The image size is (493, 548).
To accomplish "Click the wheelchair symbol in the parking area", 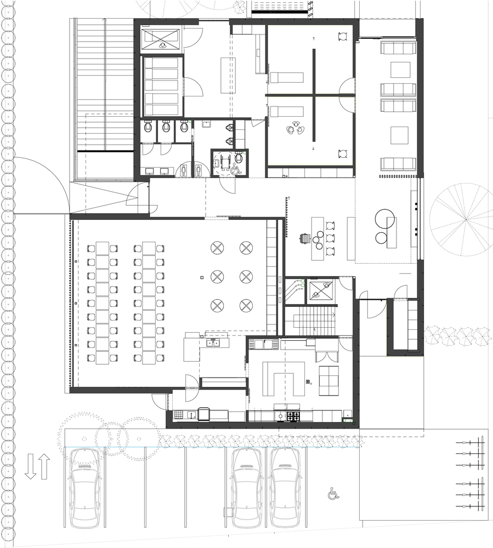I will [x=332, y=494].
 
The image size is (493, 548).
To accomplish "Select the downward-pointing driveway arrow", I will [x=31, y=466].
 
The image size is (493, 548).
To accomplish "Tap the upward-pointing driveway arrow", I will [x=44, y=466].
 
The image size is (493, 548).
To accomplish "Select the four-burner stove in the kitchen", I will [x=293, y=416].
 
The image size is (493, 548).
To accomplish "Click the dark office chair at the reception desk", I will [x=305, y=238].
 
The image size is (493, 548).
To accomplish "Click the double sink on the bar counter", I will [x=212, y=344].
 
